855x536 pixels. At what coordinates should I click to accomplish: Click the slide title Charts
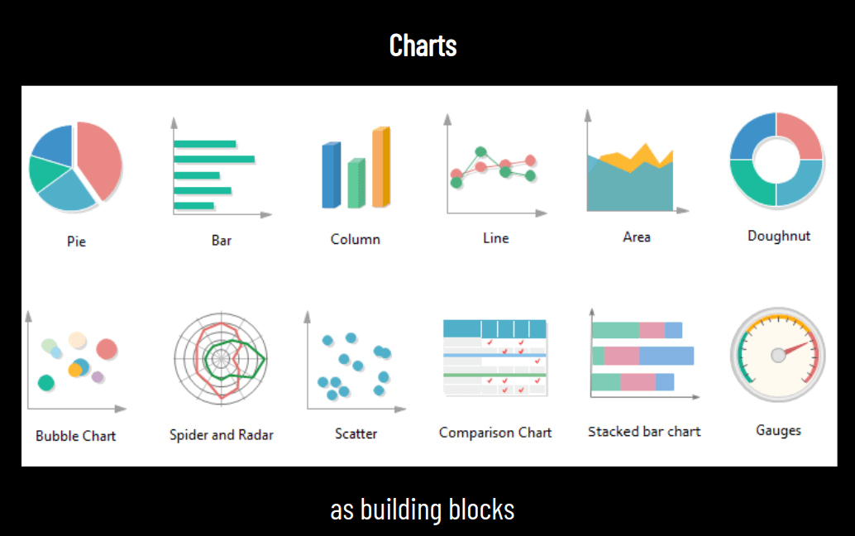click(423, 45)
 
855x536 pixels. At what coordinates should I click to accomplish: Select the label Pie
click(76, 242)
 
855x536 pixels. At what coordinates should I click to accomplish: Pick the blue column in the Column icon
click(330, 175)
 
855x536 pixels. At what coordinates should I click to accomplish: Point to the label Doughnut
click(779, 236)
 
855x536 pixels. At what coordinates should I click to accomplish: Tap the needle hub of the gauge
click(778, 355)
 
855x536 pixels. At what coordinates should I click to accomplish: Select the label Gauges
click(778, 430)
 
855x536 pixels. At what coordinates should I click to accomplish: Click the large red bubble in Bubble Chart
click(107, 349)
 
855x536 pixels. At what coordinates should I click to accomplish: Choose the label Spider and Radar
click(221, 434)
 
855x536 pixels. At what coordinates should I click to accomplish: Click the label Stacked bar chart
click(644, 431)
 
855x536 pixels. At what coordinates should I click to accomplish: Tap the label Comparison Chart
click(495, 432)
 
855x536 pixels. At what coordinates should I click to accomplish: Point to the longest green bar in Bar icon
click(214, 159)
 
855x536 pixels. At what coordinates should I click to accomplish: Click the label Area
click(637, 237)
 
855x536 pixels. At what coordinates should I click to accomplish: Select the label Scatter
click(356, 433)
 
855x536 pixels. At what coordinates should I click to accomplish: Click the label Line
click(496, 238)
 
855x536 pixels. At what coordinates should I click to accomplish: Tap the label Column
click(356, 239)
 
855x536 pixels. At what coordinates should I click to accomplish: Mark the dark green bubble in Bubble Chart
click(46, 383)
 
